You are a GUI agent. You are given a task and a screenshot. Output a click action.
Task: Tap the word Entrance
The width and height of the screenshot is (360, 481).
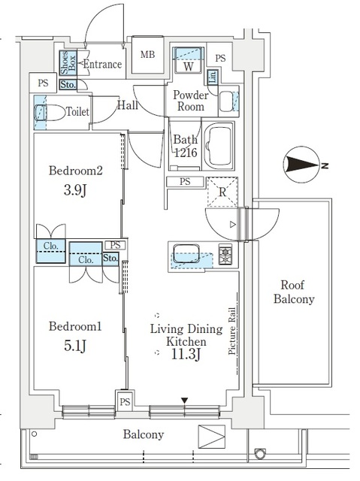(101, 65)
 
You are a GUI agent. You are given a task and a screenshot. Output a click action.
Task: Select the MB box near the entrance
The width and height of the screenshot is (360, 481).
(148, 55)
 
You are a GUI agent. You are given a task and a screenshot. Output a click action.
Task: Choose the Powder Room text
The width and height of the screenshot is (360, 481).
(190, 101)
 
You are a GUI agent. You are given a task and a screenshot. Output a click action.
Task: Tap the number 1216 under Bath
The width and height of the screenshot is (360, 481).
(186, 153)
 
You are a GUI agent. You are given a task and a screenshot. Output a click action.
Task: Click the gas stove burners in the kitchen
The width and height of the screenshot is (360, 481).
(225, 253)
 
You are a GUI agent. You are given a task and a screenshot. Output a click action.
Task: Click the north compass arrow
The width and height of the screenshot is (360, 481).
(304, 165)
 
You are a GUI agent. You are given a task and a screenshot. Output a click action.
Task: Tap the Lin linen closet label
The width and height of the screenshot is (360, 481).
(213, 77)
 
